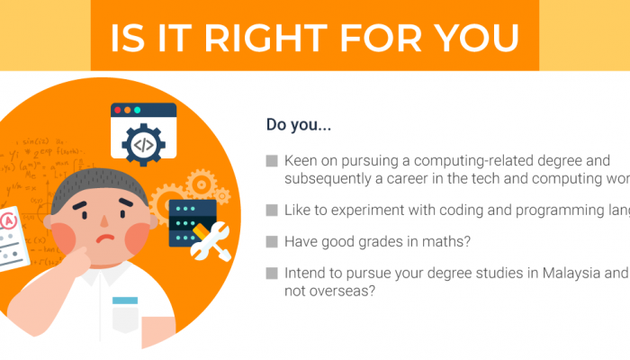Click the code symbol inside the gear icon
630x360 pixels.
click(x=143, y=144)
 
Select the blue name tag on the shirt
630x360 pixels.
click(x=125, y=300)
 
